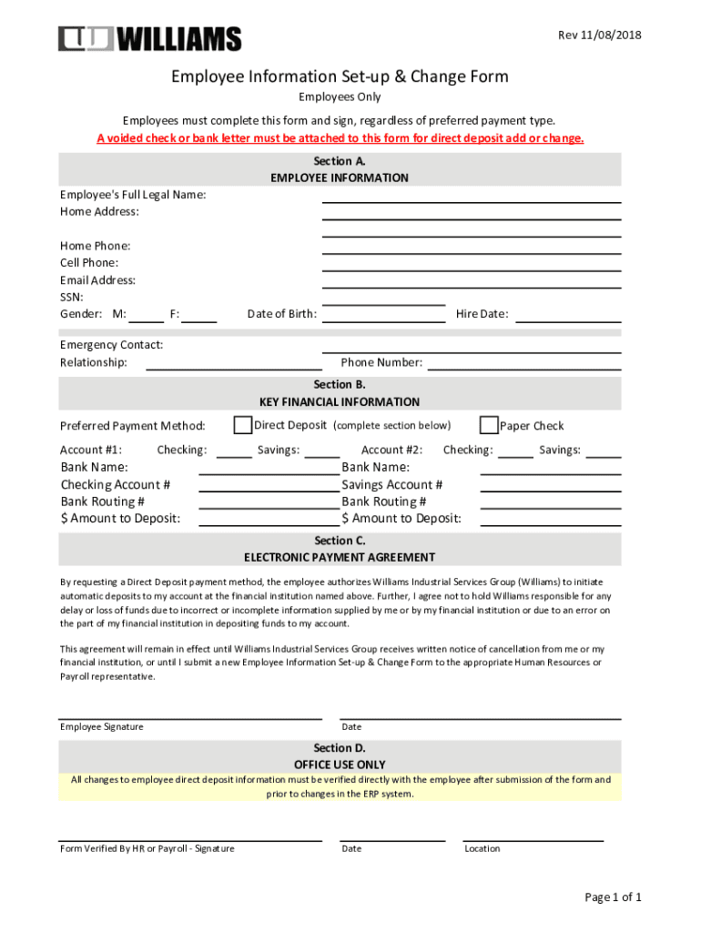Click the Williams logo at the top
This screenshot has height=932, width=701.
point(149,39)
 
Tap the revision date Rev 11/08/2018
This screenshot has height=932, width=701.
point(599,35)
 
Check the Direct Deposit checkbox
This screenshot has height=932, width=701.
point(243,425)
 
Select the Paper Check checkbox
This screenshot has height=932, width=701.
point(489,425)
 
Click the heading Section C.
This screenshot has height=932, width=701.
point(340,541)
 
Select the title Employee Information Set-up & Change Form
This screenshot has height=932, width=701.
point(340,76)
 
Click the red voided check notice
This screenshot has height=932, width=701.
point(340,138)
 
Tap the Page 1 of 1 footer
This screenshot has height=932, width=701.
point(613,897)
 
